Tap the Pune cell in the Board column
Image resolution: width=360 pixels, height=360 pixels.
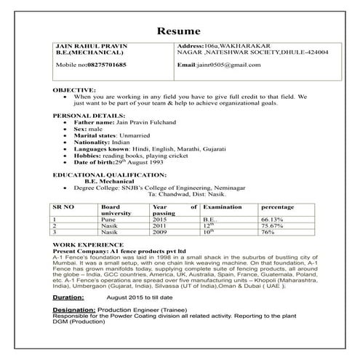coord(109,219)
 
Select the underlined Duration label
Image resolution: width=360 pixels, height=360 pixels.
coord(73,297)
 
